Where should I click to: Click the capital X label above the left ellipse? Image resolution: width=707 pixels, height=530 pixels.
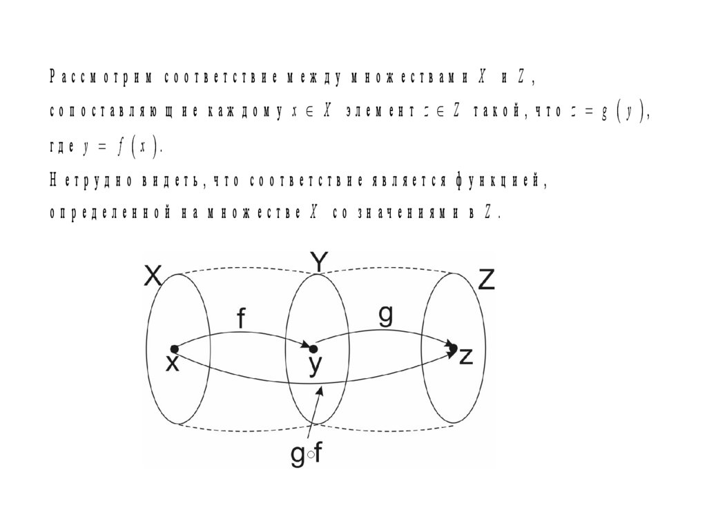153,277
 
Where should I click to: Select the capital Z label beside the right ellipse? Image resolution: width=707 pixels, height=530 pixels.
486,280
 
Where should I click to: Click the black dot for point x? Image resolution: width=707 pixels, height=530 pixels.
174,349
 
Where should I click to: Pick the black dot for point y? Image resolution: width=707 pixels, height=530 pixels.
313,349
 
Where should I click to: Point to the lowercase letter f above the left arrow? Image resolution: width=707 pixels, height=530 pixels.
241,319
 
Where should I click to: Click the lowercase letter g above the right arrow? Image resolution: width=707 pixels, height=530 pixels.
385,315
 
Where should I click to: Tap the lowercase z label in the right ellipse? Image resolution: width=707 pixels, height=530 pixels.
466,357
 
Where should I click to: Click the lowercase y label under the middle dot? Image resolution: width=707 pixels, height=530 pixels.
314,366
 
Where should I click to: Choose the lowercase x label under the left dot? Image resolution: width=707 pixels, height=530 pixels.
172,364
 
